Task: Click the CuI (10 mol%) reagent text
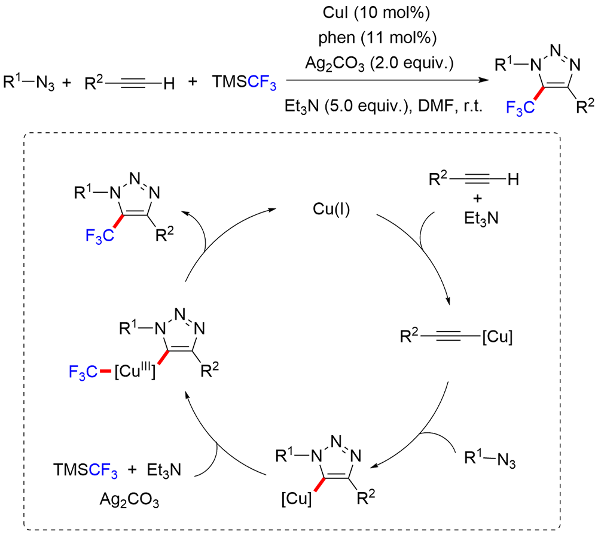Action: pos(376,13)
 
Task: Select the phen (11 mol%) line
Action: pos(377,38)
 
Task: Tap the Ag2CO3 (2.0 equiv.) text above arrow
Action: pos(380,63)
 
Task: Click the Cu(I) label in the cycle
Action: pos(331,209)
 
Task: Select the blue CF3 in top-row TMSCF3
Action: pos(262,83)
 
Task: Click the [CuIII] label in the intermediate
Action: pos(135,370)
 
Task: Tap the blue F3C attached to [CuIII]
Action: pos(83,372)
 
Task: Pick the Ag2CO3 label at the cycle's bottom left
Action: pos(129,500)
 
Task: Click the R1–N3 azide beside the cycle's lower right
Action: pos(490,459)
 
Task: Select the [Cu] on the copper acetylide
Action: pos(498,336)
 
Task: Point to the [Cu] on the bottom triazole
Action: pos(297,499)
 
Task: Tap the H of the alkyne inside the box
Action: pos(513,179)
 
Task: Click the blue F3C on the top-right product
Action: pos(520,108)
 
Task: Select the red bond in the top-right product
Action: pos(539,93)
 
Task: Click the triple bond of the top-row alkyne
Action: pos(133,83)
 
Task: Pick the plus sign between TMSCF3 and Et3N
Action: pos(132,469)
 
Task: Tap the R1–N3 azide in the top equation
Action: pos(29,83)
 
